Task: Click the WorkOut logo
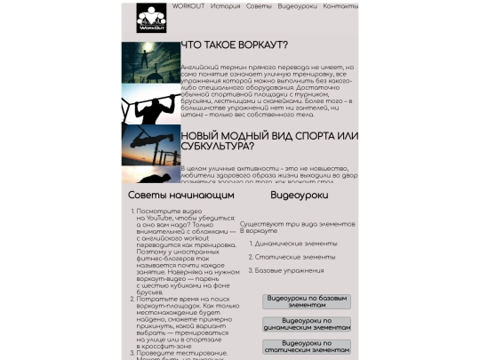149,18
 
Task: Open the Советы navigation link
259,6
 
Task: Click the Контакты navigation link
340,6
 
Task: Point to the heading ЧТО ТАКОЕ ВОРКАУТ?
234,45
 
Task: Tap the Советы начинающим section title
180,195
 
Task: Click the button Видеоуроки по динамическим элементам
306,325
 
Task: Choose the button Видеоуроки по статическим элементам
306,347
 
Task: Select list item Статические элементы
294,256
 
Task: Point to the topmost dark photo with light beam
150,59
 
